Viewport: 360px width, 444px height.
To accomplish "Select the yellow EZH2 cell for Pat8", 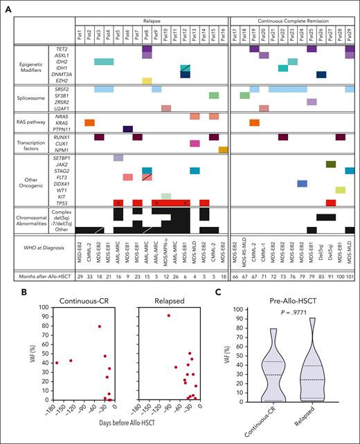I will pos(147,81).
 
